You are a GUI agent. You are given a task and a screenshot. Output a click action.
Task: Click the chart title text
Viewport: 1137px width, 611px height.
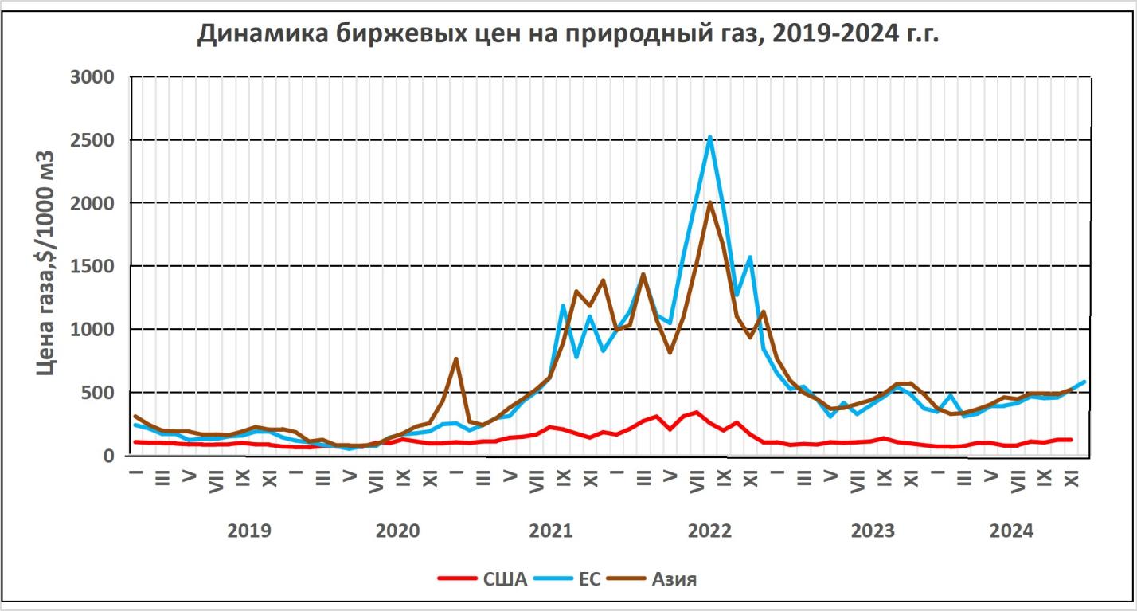568,34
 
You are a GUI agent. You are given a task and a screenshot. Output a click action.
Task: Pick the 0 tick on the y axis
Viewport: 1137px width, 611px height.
111,456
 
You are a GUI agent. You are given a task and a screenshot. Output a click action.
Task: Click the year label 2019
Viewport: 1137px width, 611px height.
248,531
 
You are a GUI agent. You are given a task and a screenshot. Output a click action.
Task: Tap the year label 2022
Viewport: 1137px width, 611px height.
709,531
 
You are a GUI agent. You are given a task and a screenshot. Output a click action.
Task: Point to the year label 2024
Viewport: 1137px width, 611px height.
1011,531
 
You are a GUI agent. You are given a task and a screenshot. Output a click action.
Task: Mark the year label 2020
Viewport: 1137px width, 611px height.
397,531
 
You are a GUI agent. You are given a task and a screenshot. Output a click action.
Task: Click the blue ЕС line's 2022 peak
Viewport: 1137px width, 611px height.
709,137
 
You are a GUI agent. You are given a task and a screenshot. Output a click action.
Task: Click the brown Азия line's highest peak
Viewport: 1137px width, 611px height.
709,202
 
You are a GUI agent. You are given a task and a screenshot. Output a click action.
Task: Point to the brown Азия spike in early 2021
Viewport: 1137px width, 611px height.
455,358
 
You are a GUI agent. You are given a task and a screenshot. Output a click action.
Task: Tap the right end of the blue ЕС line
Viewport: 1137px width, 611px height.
1084,382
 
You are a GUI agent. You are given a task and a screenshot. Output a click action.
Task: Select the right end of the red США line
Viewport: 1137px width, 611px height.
1070,440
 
